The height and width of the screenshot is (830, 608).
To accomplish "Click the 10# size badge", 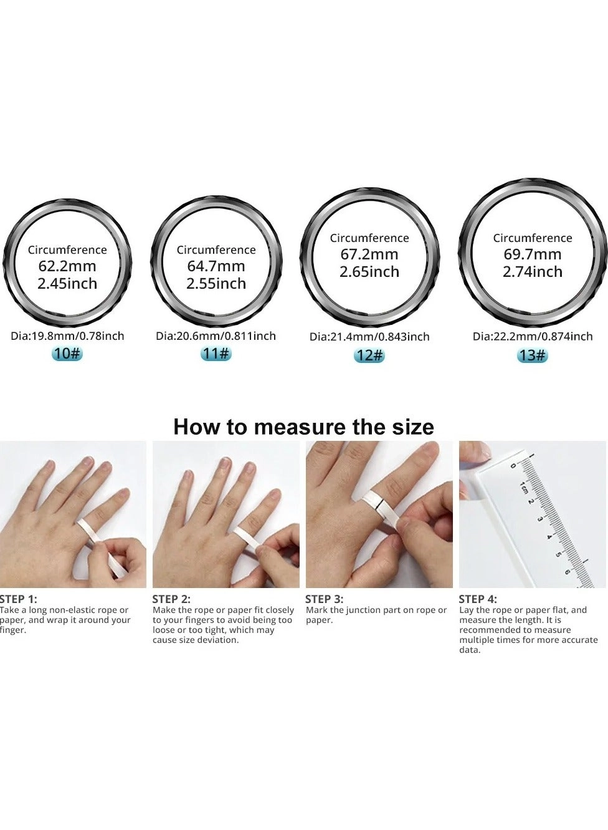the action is tap(67, 353).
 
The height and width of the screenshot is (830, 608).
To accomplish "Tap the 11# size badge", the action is tap(216, 353).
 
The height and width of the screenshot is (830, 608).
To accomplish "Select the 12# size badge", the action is tap(369, 355).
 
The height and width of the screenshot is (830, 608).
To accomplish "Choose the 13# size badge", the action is tap(532, 355).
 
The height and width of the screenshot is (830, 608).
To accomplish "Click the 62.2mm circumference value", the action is tap(67, 266).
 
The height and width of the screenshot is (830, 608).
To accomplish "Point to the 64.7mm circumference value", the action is tap(216, 266).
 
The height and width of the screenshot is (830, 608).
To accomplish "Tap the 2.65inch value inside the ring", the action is tap(369, 272).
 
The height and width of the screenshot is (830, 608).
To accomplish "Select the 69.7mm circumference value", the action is tap(533, 254).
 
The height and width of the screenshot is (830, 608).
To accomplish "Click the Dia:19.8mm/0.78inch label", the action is tap(67, 336).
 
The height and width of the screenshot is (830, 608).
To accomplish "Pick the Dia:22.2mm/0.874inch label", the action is tap(533, 337).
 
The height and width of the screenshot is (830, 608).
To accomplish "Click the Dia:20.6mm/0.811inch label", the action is tap(216, 336).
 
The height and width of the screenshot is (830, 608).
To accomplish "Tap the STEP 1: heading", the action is tap(19, 599).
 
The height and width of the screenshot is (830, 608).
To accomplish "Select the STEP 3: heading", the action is tap(324, 599).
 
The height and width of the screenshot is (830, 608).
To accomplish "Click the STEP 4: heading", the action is tap(478, 599).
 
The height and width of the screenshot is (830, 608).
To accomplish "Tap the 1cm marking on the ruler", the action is tap(524, 487).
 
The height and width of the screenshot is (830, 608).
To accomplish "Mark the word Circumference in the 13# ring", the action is tap(533, 238).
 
